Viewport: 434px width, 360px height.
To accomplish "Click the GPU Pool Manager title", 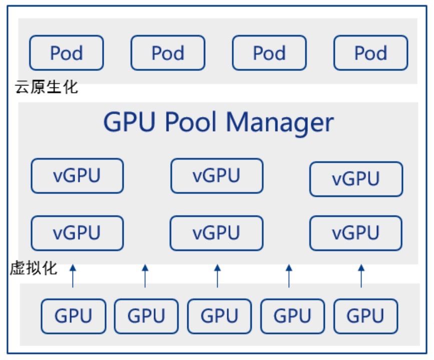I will click(x=218, y=121).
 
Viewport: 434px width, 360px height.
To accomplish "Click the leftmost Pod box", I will click(x=67, y=52).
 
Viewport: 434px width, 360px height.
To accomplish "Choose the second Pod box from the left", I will click(x=168, y=52).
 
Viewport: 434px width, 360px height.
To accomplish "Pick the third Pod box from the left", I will click(x=269, y=52).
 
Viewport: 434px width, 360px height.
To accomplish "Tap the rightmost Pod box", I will click(x=370, y=52).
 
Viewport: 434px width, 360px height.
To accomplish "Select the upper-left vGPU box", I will click(x=77, y=175).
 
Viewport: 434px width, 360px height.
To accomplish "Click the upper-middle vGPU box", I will click(x=216, y=175).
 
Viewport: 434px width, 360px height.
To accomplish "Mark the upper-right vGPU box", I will click(x=355, y=179).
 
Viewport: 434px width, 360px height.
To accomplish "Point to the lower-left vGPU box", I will click(x=77, y=233).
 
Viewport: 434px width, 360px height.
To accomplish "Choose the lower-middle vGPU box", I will click(x=216, y=233).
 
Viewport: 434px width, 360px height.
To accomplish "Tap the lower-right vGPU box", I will click(x=355, y=233).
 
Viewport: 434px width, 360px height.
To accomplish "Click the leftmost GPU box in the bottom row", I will click(x=73, y=316).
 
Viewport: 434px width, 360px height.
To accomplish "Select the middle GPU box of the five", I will click(x=219, y=316).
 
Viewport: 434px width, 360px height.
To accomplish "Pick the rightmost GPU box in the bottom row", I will click(x=365, y=316).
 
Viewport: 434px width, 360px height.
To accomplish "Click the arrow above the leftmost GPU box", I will click(x=73, y=276).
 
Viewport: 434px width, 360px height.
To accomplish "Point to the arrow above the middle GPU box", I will click(x=217, y=276).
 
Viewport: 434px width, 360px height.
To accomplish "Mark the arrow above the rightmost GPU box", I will click(x=361, y=276).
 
